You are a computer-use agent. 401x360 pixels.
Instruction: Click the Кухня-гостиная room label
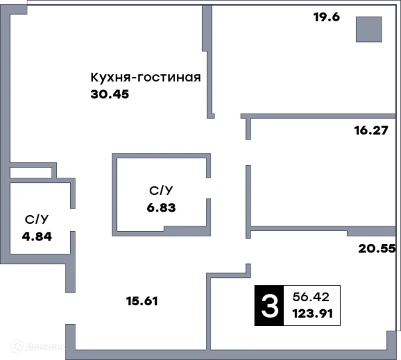(146, 77)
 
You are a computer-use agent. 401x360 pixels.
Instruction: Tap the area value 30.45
(109, 94)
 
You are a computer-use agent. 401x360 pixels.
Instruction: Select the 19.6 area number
(327, 17)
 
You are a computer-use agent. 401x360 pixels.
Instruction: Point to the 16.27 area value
(371, 131)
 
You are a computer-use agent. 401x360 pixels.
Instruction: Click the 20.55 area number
(377, 248)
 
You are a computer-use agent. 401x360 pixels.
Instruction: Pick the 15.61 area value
(142, 301)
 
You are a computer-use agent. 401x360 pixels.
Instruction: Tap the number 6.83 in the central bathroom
(161, 207)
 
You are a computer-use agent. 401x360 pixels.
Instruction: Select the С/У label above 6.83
(161, 191)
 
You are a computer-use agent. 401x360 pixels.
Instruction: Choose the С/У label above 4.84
(37, 219)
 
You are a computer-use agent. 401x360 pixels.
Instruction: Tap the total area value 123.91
(313, 314)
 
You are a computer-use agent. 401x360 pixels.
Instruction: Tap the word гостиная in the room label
(170, 77)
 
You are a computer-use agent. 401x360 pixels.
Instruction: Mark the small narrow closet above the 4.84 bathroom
(31, 173)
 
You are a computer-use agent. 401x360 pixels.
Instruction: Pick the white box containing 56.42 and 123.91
(313, 306)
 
